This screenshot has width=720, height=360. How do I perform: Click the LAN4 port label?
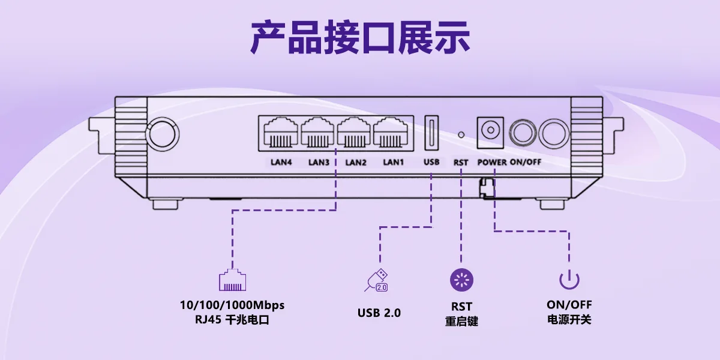(x=281, y=163)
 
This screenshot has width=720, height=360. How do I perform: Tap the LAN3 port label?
(x=319, y=163)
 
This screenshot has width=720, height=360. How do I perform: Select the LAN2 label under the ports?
(x=355, y=163)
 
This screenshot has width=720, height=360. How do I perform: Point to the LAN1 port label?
(x=393, y=163)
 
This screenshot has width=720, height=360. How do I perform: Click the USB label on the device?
(x=431, y=162)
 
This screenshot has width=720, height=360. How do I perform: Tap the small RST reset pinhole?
(x=461, y=134)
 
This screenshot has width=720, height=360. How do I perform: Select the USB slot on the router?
(x=431, y=133)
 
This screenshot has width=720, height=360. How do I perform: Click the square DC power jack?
(x=490, y=133)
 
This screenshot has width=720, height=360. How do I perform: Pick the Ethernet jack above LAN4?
(x=281, y=132)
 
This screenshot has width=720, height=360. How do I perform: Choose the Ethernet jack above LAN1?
(x=391, y=132)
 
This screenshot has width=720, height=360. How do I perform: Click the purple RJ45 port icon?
(x=232, y=280)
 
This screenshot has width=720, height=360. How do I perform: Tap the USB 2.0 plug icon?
(x=376, y=280)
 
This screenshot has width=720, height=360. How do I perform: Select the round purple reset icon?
(x=461, y=280)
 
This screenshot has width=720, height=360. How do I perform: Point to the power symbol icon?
(x=569, y=280)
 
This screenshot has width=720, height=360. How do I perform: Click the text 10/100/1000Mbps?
(x=232, y=305)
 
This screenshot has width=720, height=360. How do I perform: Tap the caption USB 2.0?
(x=379, y=313)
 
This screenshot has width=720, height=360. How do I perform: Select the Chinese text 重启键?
(x=461, y=321)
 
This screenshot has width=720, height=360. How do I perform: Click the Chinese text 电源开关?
(x=569, y=319)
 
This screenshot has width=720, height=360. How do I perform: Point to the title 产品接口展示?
(x=361, y=37)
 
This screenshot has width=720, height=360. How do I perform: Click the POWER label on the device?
(x=492, y=163)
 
